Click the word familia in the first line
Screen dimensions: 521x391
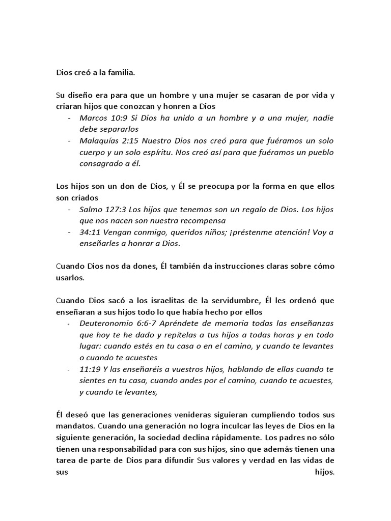pos(121,72)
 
